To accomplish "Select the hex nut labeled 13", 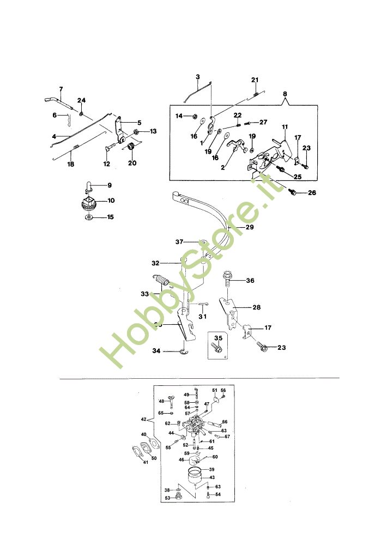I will [x=136, y=132].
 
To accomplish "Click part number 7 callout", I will [x=61, y=89].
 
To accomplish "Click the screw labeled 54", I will [x=209, y=495].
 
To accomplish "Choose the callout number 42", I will [x=143, y=420].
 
